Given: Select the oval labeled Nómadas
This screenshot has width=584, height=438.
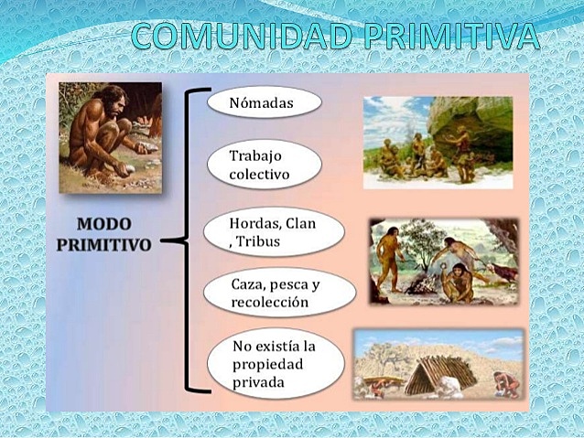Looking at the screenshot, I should [x=264, y=102].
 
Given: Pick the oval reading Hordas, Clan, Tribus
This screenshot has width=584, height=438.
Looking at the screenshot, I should [x=275, y=232].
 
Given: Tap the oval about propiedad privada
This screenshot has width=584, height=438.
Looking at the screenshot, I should [x=276, y=363].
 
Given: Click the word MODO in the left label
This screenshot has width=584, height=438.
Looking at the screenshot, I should [x=103, y=224].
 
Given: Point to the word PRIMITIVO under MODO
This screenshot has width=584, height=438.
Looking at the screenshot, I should [x=104, y=244].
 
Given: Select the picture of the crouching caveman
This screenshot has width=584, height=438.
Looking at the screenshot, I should [x=110, y=137].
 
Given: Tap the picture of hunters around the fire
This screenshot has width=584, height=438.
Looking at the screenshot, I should [x=444, y=262].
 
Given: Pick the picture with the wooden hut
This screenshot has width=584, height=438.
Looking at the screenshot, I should [x=438, y=363].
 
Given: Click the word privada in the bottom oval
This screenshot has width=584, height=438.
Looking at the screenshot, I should [x=258, y=381].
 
